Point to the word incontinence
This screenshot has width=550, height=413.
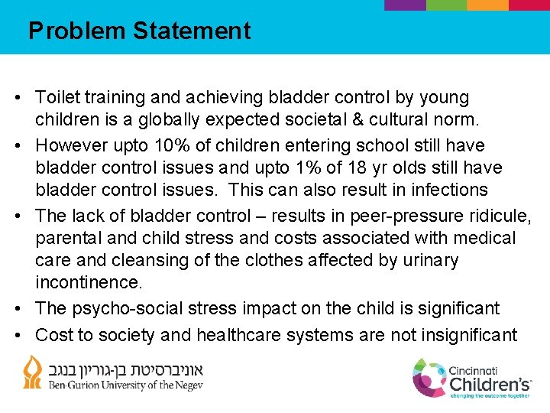tap(89, 283)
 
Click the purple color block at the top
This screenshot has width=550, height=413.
tap(404, 5)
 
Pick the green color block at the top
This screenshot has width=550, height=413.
tap(445, 5)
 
